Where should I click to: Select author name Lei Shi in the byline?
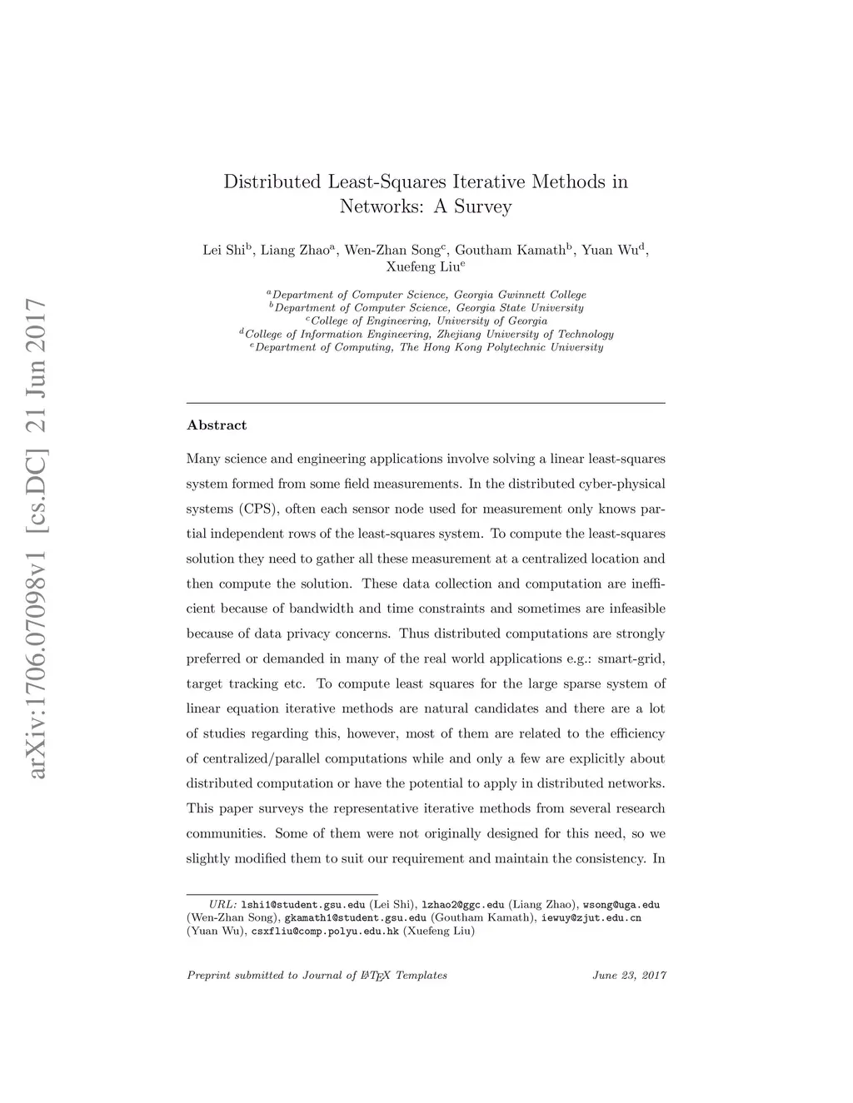(x=223, y=250)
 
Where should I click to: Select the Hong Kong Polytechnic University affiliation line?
(x=429, y=347)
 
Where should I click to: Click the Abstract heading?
(x=217, y=425)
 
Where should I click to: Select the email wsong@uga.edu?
(x=621, y=905)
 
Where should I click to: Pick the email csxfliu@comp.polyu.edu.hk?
(x=325, y=931)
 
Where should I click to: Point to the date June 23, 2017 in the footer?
(x=630, y=976)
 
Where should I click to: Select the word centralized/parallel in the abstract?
(x=261, y=758)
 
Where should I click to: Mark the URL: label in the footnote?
(x=223, y=905)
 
